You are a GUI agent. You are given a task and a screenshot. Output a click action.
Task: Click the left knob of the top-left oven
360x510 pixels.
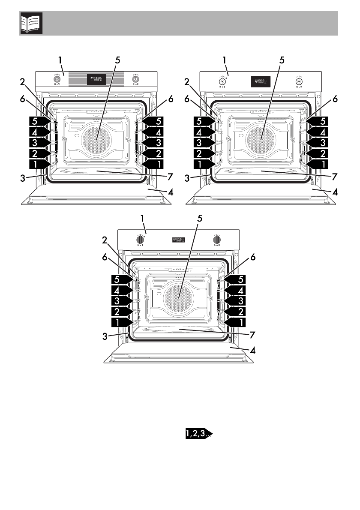(x=57, y=79)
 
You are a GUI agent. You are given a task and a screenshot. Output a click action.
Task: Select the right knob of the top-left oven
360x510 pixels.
(x=135, y=79)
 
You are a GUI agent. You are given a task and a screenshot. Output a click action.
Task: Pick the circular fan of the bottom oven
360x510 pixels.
(x=179, y=298)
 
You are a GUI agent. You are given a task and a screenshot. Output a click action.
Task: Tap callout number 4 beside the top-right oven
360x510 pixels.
(x=335, y=193)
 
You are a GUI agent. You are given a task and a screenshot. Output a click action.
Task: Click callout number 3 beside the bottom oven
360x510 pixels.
(x=105, y=337)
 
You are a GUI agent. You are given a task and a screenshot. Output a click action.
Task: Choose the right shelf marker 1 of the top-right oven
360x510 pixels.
(x=318, y=163)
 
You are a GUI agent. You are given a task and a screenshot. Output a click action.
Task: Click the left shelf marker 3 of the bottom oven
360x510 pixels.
(x=120, y=300)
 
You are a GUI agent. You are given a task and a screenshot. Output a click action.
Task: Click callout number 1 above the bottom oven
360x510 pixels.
(x=143, y=219)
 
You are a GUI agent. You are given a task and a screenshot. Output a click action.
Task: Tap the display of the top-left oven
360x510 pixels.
(x=96, y=79)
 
